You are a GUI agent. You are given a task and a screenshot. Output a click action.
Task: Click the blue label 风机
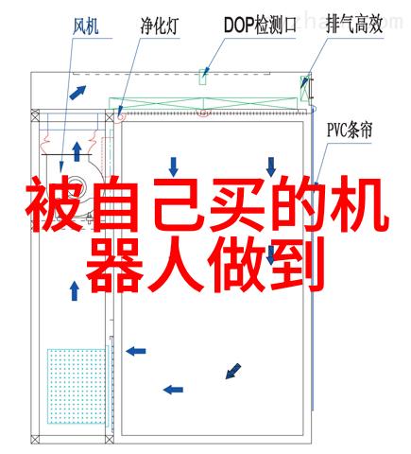(86, 26)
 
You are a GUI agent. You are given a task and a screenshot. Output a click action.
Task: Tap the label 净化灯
(160, 26)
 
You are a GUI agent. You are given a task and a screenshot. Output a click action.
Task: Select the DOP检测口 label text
(260, 25)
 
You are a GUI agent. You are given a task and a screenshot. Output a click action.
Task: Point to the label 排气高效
(354, 25)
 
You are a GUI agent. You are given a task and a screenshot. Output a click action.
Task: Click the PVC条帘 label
(350, 131)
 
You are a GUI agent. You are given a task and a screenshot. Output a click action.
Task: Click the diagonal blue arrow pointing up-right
(77, 93)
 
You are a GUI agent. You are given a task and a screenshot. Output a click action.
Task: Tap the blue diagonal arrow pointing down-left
(233, 371)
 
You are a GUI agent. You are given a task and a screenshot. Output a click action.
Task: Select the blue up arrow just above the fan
(77, 151)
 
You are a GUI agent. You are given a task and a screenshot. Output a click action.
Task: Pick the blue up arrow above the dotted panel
(75, 290)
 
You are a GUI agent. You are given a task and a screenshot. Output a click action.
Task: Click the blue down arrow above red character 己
(173, 166)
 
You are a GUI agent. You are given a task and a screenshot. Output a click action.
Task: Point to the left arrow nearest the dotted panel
(136, 351)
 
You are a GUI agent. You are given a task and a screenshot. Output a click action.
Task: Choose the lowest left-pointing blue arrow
(173, 390)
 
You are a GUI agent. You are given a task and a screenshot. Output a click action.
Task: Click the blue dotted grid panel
(77, 386)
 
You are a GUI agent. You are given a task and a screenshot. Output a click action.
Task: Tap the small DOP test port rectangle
(203, 77)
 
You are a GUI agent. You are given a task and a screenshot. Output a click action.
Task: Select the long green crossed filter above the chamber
(203, 103)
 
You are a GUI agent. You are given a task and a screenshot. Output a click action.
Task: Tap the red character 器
(112, 264)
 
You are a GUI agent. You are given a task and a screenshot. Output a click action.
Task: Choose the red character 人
(176, 265)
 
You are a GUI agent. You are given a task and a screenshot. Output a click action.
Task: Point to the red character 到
(297, 264)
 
